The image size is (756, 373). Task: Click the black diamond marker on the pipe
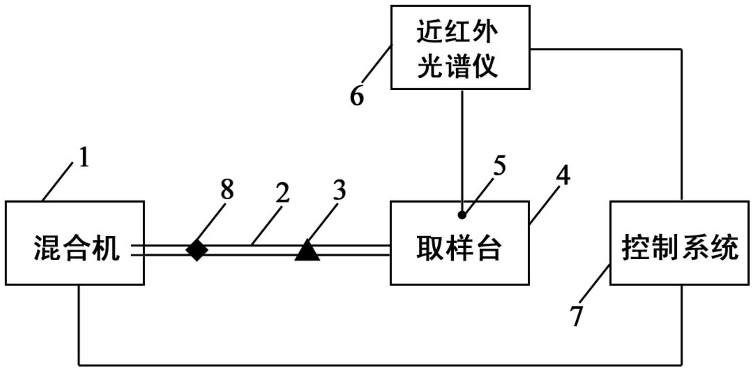pos(197,250)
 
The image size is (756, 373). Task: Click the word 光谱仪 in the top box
pos(457,66)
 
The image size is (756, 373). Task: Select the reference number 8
pos(227,189)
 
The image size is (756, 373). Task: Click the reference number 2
pos(283,192)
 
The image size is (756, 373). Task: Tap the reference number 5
pos(499,166)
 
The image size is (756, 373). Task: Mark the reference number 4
pos(563,175)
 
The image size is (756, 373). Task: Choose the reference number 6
pos(357,96)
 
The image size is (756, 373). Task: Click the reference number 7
pos(576,315)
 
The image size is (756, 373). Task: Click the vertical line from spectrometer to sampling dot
pos(462,147)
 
